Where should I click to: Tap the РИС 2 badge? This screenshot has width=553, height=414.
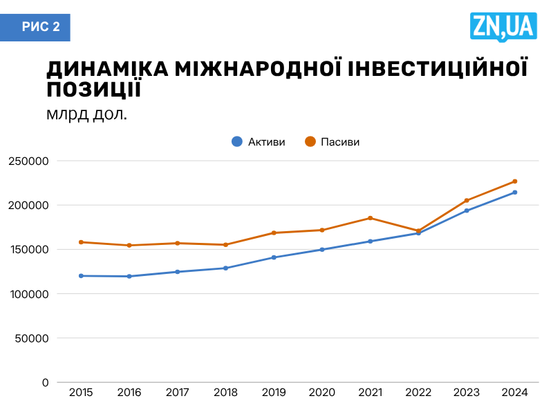(x=41, y=27)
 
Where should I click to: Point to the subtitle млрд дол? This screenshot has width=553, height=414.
(x=87, y=114)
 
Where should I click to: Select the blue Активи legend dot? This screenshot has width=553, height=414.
(x=236, y=141)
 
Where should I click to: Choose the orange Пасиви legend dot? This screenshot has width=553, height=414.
(x=310, y=141)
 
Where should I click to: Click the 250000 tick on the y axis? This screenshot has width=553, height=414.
(x=29, y=161)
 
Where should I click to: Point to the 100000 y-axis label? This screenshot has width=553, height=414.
(x=29, y=294)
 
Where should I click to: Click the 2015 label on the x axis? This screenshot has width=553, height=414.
(x=82, y=393)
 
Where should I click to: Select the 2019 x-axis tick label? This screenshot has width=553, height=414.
(x=274, y=393)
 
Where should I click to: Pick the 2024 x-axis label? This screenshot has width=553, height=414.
(x=515, y=393)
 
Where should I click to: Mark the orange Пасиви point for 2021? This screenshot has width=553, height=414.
(x=371, y=218)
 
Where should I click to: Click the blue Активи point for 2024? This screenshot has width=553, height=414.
(x=515, y=193)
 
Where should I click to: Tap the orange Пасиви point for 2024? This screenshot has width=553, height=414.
(x=515, y=181)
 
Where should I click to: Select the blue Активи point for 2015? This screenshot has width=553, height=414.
(x=82, y=276)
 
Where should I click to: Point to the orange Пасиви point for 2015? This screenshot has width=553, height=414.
(x=82, y=242)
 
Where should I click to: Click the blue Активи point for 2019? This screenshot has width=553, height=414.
(x=274, y=257)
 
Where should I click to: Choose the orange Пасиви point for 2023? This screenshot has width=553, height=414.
(x=467, y=201)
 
